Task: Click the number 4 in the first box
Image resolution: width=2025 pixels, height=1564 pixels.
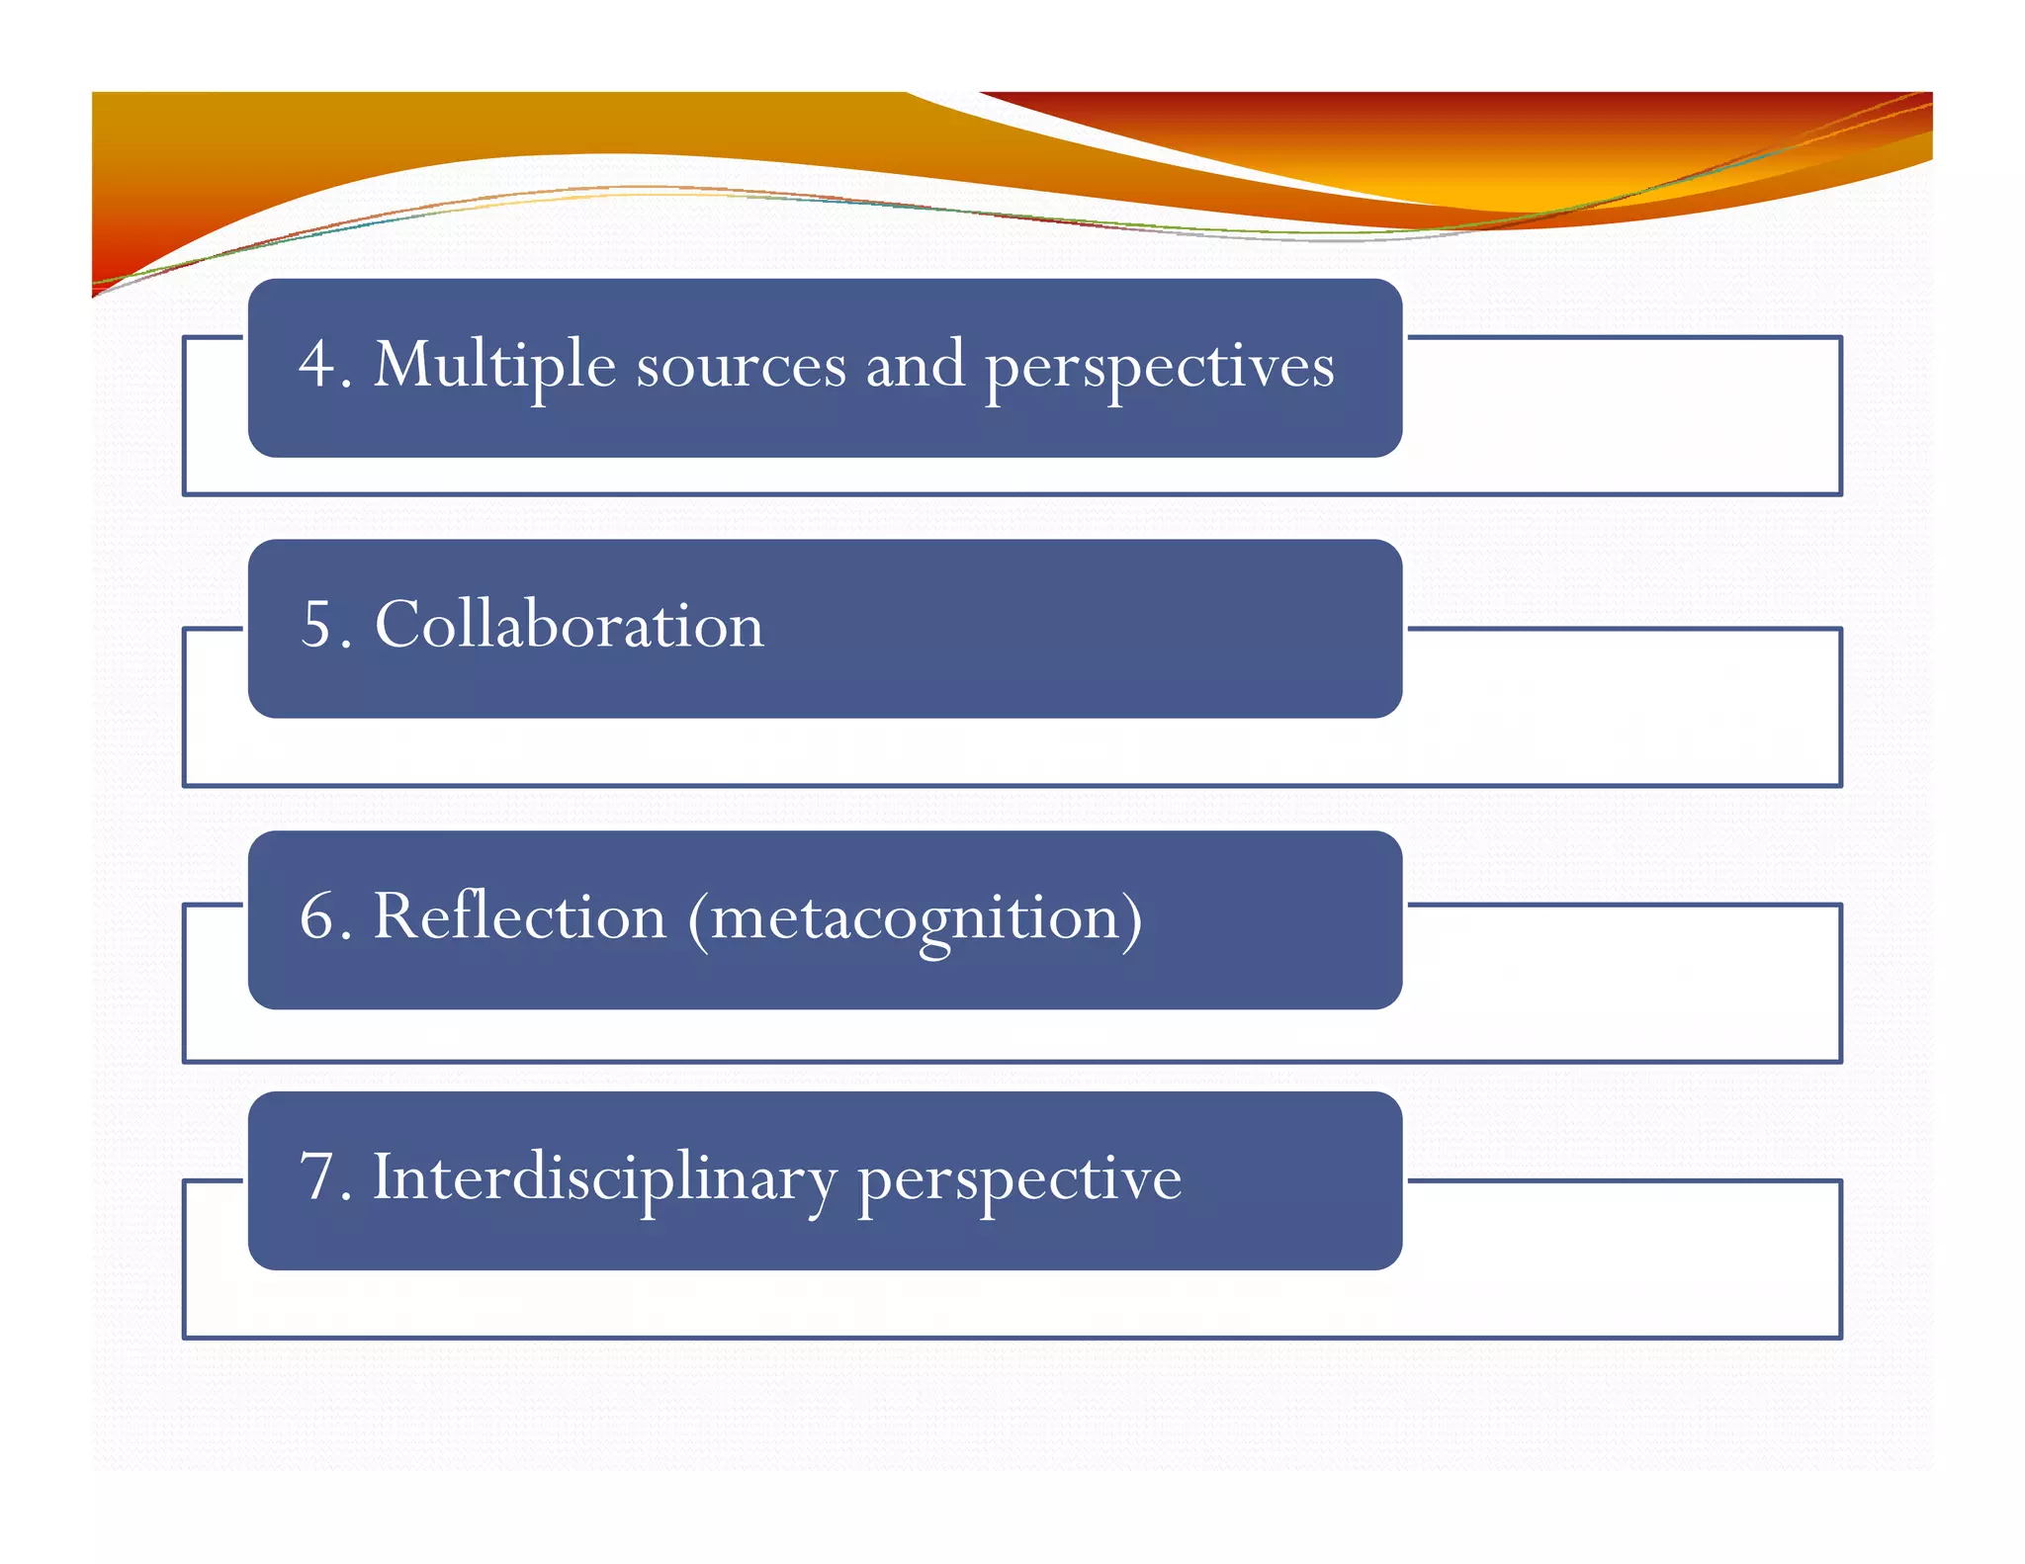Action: [x=318, y=364]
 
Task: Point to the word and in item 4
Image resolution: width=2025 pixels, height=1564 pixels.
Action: [x=915, y=364]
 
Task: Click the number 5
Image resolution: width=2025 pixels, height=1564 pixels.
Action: [x=318, y=625]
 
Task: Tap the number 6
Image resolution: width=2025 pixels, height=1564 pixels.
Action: [x=318, y=916]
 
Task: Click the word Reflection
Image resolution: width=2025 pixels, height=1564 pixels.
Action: [x=519, y=916]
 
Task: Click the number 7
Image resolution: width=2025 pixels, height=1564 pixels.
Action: [x=318, y=1177]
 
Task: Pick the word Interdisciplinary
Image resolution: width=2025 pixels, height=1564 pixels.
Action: [x=603, y=1179]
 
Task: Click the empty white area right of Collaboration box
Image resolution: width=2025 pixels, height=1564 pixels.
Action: [x=1622, y=707]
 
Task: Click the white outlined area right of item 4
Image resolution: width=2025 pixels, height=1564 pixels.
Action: [x=1622, y=415]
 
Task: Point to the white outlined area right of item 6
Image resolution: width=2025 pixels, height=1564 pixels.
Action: [x=1622, y=983]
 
